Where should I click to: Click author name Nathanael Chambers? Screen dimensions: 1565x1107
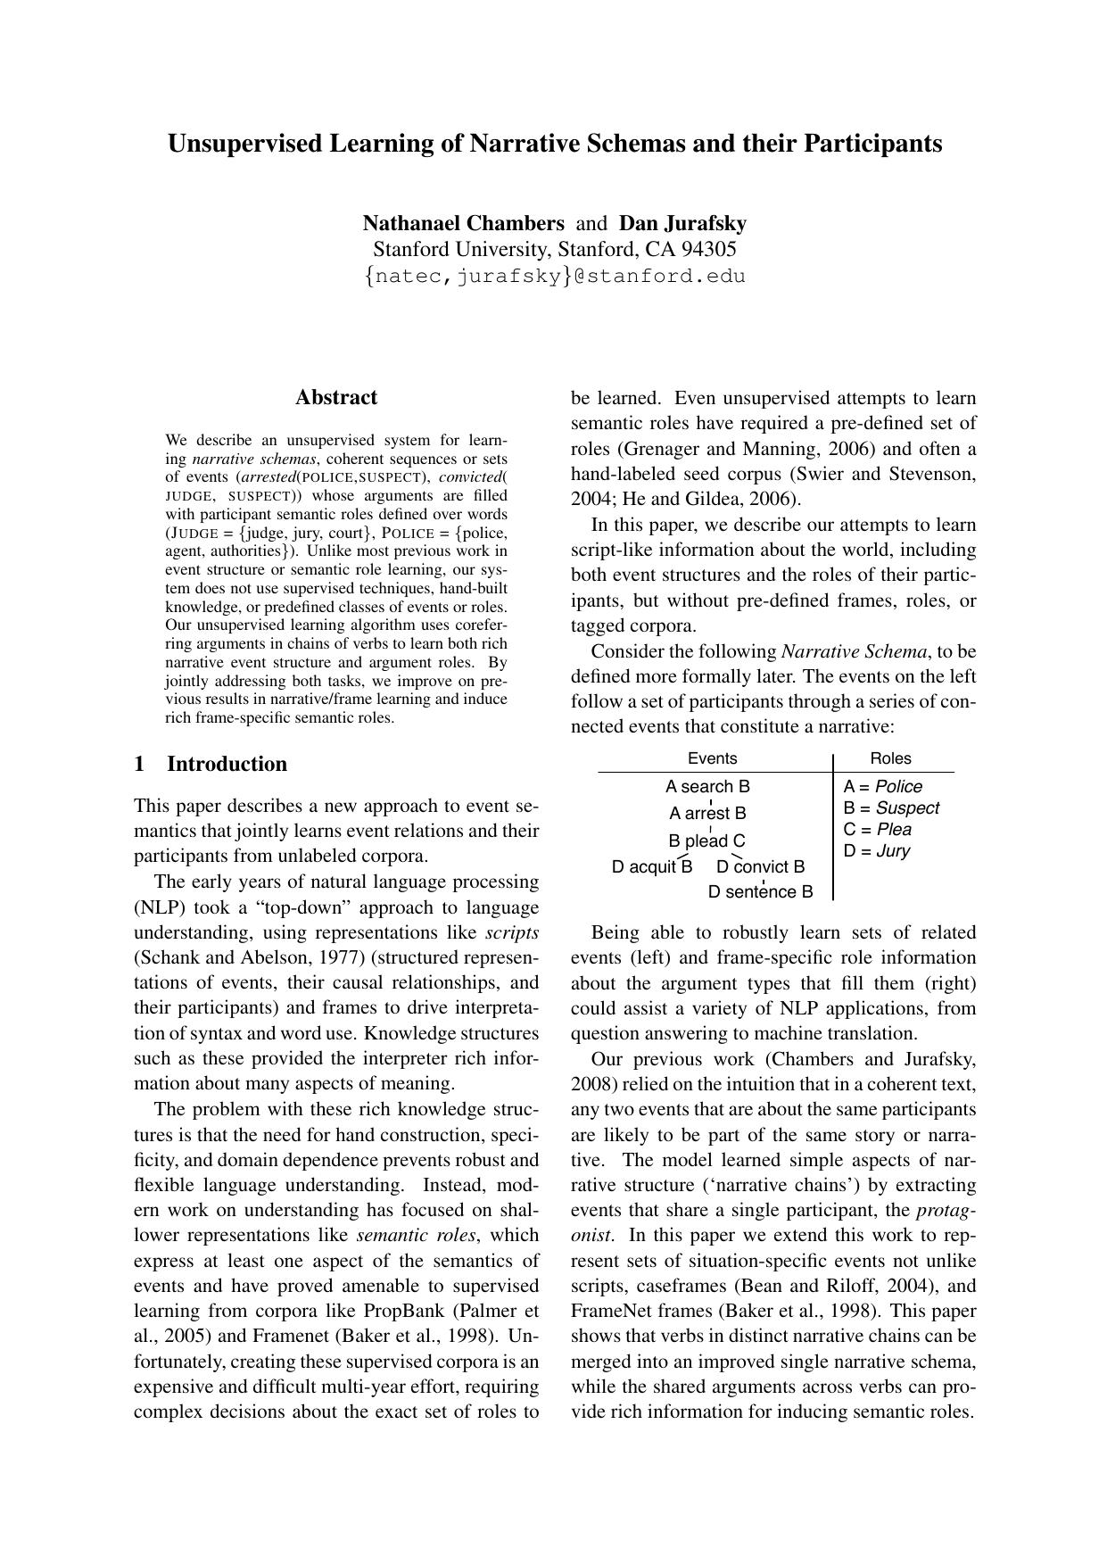click(463, 223)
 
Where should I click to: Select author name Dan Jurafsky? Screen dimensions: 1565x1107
click(682, 223)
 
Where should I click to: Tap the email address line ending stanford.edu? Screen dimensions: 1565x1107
click(554, 276)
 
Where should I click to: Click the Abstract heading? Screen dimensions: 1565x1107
click(336, 398)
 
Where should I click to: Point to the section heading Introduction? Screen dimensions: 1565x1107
click(227, 764)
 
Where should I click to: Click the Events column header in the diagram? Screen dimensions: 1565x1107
click(712, 758)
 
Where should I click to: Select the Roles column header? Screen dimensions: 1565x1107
click(890, 758)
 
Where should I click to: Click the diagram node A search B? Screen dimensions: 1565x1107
click(707, 786)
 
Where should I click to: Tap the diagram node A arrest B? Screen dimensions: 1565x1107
click(707, 813)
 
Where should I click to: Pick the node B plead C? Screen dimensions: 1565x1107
click(706, 840)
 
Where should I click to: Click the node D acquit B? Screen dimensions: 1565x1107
click(651, 866)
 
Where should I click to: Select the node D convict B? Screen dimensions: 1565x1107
click(760, 866)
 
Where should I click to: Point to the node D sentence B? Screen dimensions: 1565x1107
click(760, 891)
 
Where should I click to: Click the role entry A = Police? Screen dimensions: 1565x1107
click(882, 786)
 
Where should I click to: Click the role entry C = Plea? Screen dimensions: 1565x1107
click(877, 829)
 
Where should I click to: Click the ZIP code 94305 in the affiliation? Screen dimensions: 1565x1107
click(709, 249)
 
